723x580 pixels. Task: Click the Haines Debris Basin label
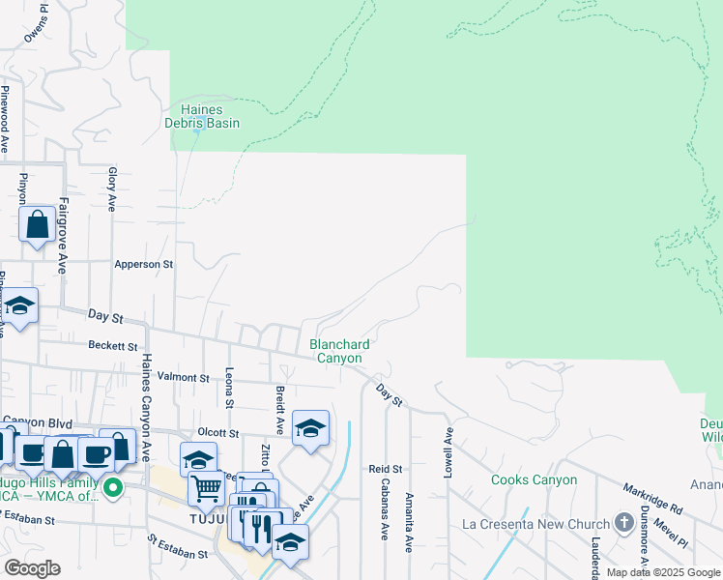[x=205, y=116]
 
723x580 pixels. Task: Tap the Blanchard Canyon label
[x=340, y=351]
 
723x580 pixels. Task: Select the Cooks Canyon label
[x=534, y=479]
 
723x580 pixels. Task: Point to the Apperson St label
[x=143, y=263]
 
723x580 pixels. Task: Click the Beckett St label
[x=113, y=345]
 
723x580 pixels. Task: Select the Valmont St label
[x=183, y=378]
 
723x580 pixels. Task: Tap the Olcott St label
[x=217, y=433]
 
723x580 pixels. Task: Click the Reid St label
[x=384, y=469]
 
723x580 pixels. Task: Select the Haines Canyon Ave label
[x=146, y=406]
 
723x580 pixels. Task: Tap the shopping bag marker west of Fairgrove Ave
[x=37, y=225]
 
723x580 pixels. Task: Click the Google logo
[x=32, y=567]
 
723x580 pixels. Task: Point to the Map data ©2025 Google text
[x=664, y=572]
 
